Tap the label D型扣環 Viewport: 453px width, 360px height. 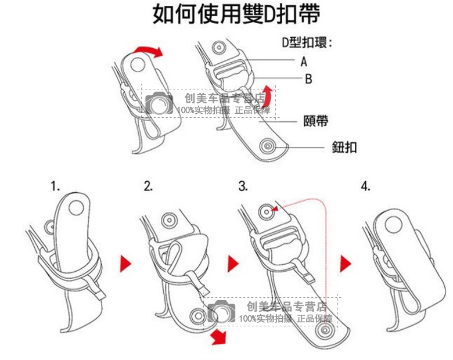click(307, 42)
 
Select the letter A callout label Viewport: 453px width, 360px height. click(304, 62)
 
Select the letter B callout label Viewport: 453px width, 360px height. click(308, 79)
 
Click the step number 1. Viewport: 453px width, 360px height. click(55, 186)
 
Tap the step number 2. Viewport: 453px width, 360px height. click(149, 186)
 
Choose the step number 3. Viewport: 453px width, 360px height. click(243, 186)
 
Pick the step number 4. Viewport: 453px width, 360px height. click(365, 186)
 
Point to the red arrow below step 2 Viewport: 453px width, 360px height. click(218, 336)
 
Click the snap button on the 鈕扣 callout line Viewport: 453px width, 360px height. click(268, 145)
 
